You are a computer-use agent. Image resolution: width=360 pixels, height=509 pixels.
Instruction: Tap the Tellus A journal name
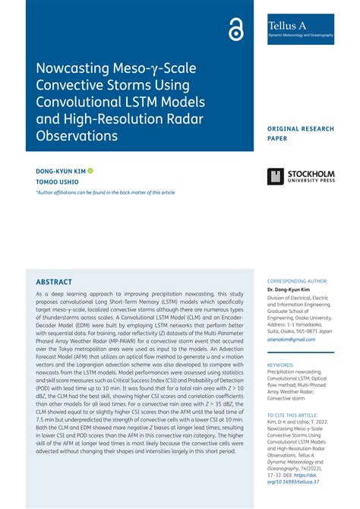(287, 26)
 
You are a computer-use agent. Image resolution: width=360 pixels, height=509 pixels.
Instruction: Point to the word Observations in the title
(77, 135)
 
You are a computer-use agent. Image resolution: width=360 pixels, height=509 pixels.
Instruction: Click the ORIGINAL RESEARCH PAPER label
(301, 134)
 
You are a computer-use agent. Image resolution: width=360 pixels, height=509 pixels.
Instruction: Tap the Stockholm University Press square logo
(275, 177)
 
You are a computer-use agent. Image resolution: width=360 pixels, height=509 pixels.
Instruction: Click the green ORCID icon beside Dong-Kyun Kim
(90, 171)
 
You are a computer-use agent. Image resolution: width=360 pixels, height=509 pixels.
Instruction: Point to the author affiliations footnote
(106, 193)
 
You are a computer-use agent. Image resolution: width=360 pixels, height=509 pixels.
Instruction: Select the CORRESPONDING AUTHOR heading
(300, 280)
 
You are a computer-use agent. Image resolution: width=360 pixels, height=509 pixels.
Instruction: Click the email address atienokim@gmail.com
(293, 340)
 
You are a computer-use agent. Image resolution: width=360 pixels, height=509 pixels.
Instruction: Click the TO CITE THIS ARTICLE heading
(295, 415)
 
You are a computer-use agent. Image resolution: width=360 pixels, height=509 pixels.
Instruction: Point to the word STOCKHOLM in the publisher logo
(311, 173)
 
